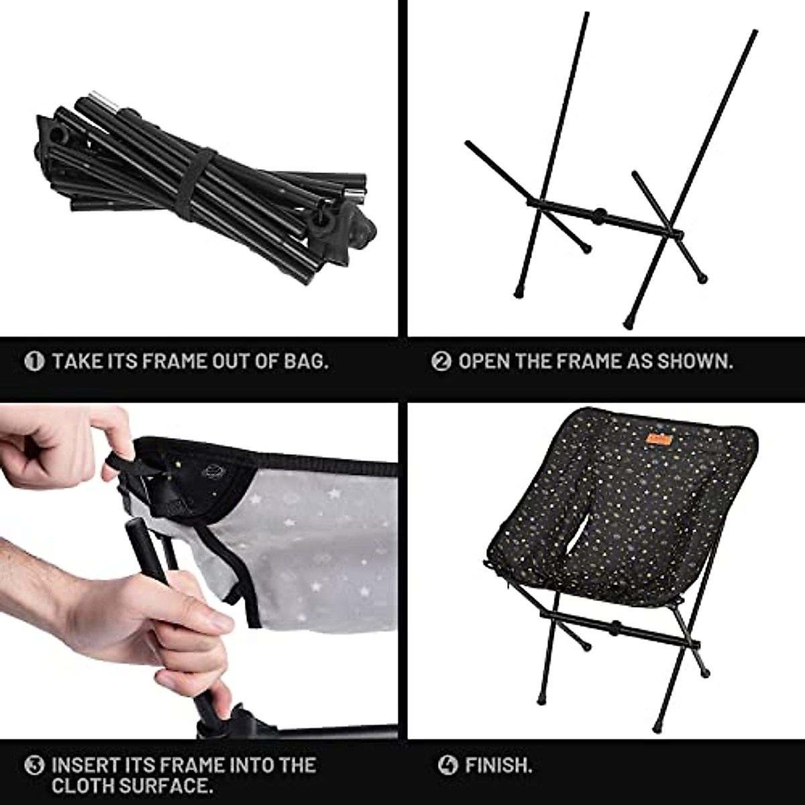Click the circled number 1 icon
pos(34,362)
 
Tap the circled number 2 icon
pos(441,362)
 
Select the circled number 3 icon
pos(34,765)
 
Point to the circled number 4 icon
pos(447,765)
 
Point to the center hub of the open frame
pos(599,216)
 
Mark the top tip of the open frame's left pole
pos(586,15)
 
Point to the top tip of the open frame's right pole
pos(755,33)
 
